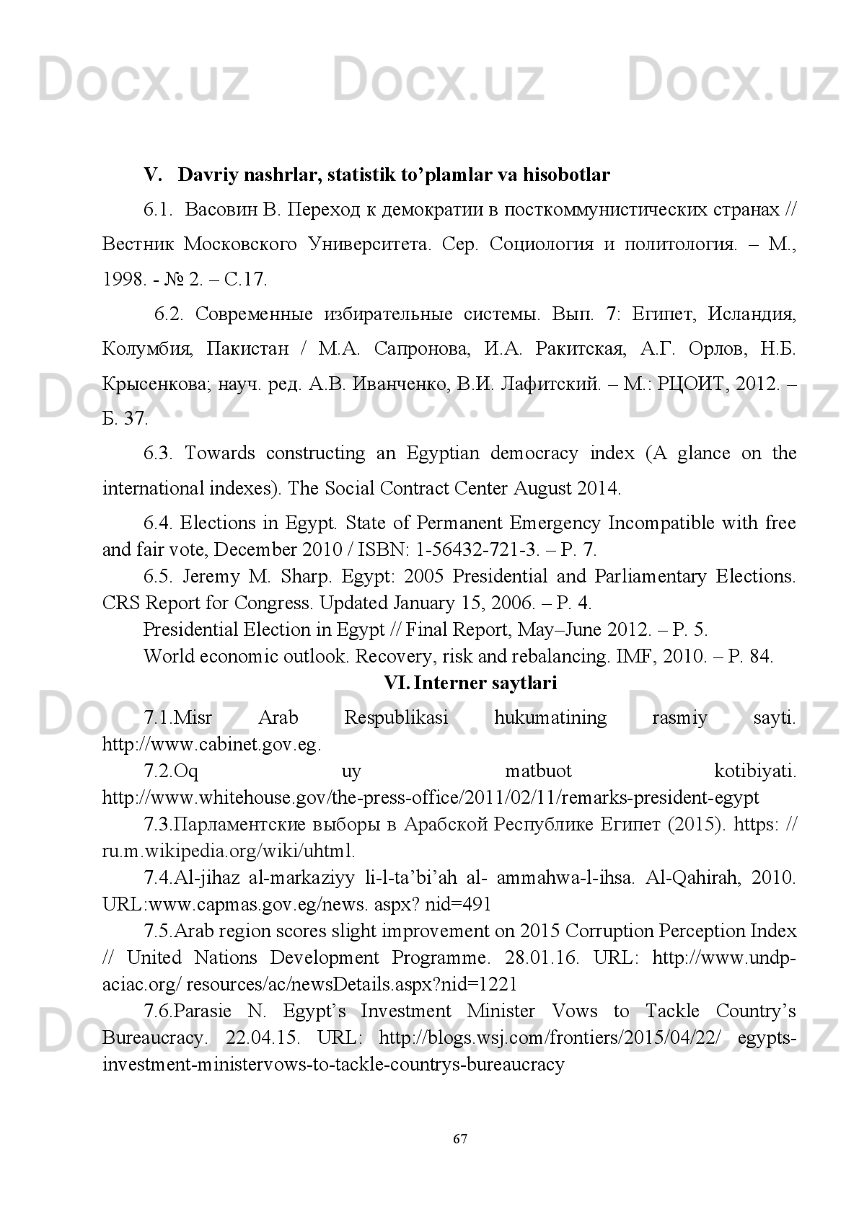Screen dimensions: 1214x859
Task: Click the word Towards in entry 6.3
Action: coord(219,453)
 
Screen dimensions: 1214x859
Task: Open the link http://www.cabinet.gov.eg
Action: coord(211,745)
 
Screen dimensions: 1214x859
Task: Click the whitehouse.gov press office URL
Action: coord(431,798)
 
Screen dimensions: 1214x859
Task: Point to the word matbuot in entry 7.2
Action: coord(538,771)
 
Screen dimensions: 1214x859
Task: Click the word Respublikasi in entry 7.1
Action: coord(396,718)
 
